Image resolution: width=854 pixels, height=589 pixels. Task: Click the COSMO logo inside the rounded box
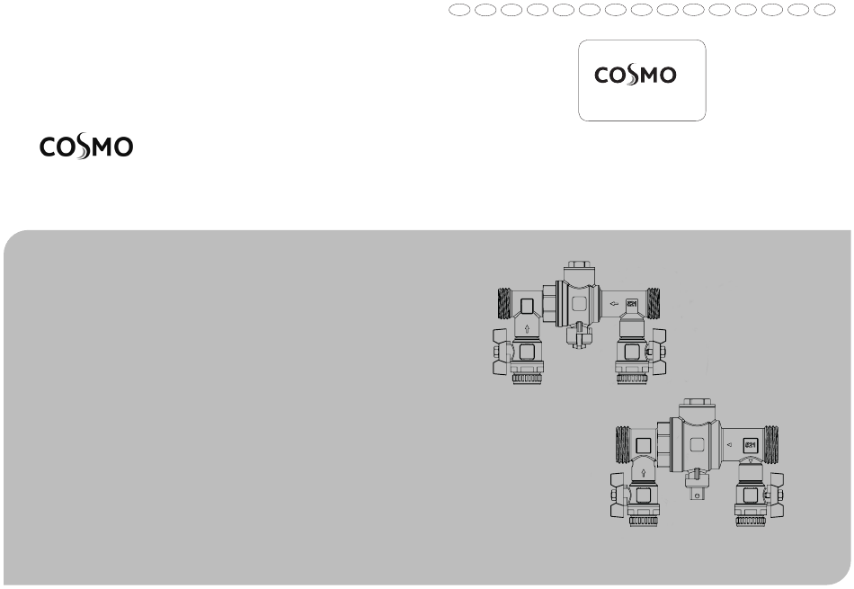(635, 76)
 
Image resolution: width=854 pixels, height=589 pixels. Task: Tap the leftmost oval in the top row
(459, 10)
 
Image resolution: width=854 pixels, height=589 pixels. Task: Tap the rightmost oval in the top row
(824, 10)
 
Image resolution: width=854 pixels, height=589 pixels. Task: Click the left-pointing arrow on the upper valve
(614, 303)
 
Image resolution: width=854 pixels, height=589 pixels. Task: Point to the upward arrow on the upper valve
(527, 328)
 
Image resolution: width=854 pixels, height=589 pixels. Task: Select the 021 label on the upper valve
(632, 303)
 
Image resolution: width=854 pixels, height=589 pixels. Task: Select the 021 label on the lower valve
(751, 444)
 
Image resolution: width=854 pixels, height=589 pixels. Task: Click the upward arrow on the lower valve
(644, 473)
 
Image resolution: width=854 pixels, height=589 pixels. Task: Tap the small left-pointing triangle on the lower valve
(730, 444)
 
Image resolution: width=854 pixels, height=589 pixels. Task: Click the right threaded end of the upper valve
(653, 303)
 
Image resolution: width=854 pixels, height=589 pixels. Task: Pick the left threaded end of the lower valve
(623, 444)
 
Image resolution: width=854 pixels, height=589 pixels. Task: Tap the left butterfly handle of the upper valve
(502, 352)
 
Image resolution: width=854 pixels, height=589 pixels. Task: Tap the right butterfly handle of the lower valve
(776, 495)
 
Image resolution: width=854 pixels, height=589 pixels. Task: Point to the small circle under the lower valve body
(697, 495)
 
